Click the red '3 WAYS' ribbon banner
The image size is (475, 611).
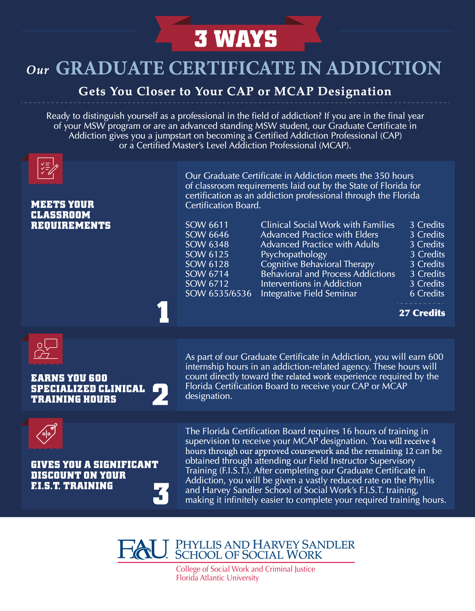pyautogui.click(x=236, y=38)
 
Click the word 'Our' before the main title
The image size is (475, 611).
pyautogui.click(x=38, y=70)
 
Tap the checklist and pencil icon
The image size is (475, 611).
pyautogui.click(x=46, y=168)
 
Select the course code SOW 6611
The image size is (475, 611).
pyautogui.click(x=207, y=225)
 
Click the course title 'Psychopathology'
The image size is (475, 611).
pyautogui.click(x=294, y=254)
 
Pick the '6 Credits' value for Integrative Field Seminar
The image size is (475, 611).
pyautogui.click(x=427, y=294)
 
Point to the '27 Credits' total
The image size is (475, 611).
pyautogui.click(x=422, y=313)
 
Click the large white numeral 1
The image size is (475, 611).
pyautogui.click(x=163, y=312)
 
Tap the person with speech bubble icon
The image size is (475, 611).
pyautogui.click(x=46, y=348)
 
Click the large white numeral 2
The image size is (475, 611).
pyautogui.click(x=161, y=394)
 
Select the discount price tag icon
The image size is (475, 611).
pyautogui.click(x=46, y=433)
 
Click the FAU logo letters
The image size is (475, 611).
pyautogui.click(x=142, y=550)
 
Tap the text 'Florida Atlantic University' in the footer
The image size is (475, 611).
pyautogui.click(x=217, y=578)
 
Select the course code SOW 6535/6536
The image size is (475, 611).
pyautogui.click(x=218, y=294)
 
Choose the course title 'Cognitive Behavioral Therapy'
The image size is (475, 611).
pyautogui.click(x=317, y=264)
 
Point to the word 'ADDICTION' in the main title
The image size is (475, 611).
pyautogui.click(x=383, y=68)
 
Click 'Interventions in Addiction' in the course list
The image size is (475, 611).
pyautogui.click(x=311, y=284)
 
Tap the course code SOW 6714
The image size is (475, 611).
pyautogui.click(x=207, y=274)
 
